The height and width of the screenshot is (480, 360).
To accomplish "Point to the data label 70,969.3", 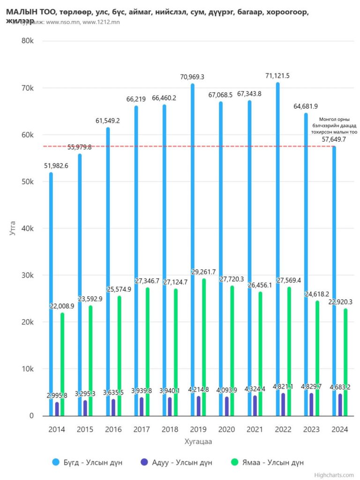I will [x=193, y=76].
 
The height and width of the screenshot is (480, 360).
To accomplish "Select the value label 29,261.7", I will [x=203, y=271].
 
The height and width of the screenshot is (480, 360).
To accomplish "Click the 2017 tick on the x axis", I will [x=142, y=429].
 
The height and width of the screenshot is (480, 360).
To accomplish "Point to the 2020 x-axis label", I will [x=227, y=429].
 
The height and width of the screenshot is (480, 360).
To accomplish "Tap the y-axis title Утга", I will [x=13, y=228].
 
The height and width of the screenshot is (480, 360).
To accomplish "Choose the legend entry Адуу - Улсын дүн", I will [x=179, y=462].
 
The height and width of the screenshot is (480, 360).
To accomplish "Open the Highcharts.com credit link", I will [x=335, y=475].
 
